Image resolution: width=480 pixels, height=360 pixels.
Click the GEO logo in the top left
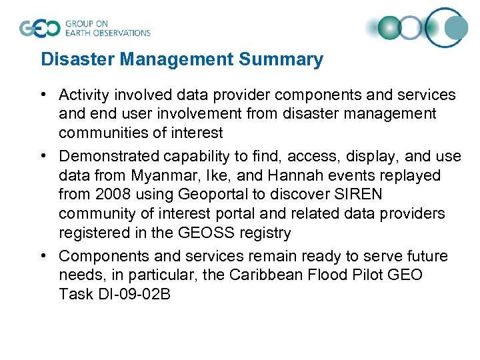[x=40, y=28]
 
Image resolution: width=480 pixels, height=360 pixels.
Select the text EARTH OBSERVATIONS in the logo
[x=107, y=33]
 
